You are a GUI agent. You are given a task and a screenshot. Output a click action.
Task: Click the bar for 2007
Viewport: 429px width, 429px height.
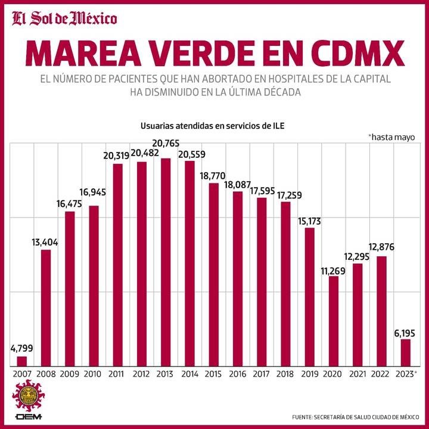coord(22,361)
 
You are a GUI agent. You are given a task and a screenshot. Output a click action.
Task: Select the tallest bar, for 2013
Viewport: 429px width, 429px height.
coord(166,262)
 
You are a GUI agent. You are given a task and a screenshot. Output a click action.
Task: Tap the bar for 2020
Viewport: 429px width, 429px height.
coord(334,321)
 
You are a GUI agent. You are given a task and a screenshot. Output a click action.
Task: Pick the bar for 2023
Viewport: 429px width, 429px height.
coord(406,353)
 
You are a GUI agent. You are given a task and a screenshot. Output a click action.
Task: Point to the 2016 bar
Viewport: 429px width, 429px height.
coord(238,279)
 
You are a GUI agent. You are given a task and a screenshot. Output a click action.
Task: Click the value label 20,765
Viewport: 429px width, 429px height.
coord(166,143)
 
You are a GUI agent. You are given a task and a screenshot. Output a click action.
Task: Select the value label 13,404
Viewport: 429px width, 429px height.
coord(45,243)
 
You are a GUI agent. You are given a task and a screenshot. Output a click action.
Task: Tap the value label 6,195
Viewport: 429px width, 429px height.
coord(405,333)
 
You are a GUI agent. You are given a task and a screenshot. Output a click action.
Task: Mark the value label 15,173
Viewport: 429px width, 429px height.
coord(309,221)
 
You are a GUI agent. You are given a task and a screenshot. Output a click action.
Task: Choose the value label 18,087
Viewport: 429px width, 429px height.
coord(238,185)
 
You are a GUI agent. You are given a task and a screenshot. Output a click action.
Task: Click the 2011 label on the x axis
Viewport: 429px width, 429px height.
coord(116,374)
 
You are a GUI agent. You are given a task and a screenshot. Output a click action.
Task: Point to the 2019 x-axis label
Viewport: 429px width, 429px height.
coord(310,374)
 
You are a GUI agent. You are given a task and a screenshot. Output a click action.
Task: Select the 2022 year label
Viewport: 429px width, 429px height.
coord(380,374)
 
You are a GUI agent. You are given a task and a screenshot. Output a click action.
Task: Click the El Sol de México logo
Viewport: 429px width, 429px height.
coord(64,18)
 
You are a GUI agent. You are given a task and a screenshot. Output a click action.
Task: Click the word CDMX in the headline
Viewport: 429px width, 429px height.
coord(354,54)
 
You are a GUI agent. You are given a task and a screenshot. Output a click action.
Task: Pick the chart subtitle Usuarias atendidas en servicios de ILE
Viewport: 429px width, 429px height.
coord(212,126)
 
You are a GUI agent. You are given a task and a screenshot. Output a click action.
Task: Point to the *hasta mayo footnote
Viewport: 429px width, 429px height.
coord(392,137)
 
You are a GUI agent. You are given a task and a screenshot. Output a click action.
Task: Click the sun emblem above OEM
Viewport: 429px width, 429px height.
coord(29,396)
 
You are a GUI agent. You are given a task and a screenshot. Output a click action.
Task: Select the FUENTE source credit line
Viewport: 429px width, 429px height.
coord(355,417)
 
